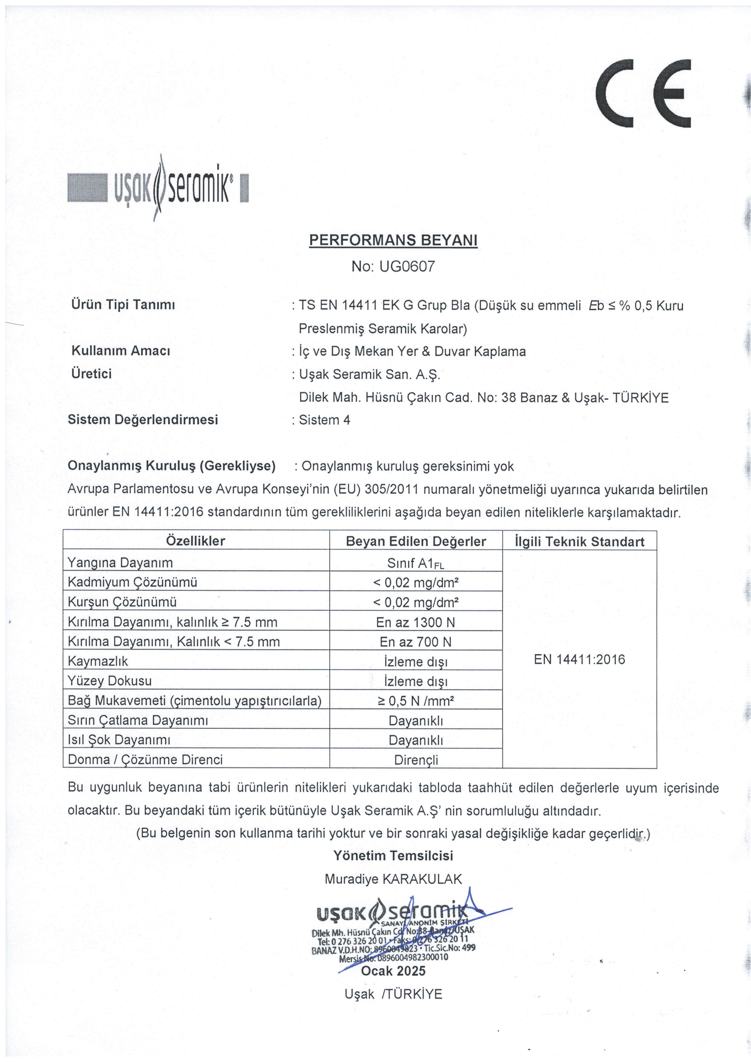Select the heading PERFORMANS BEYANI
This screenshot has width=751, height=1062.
tap(393, 240)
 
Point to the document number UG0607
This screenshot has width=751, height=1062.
tap(406, 267)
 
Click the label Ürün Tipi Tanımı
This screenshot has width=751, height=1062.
tap(123, 305)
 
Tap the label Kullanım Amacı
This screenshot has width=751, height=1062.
tap(121, 351)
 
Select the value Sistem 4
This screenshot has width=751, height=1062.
tap(325, 420)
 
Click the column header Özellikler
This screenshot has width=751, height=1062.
tap(196, 541)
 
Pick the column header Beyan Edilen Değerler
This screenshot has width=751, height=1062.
tap(416, 541)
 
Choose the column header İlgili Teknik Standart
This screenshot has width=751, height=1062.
tap(579, 542)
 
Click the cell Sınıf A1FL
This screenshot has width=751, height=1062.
tap(416, 563)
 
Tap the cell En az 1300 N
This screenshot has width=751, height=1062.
tap(416, 622)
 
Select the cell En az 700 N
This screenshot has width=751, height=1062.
tap(416, 642)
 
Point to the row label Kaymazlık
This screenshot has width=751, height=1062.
tap(98, 662)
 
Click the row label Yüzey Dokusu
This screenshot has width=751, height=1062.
tap(109, 681)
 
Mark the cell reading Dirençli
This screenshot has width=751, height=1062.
tap(416, 760)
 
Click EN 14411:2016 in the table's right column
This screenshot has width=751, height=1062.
tap(579, 660)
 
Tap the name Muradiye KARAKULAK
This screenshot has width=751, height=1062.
tap(393, 879)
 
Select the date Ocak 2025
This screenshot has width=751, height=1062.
tap(393, 971)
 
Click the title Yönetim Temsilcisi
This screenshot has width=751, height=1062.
tap(393, 856)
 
